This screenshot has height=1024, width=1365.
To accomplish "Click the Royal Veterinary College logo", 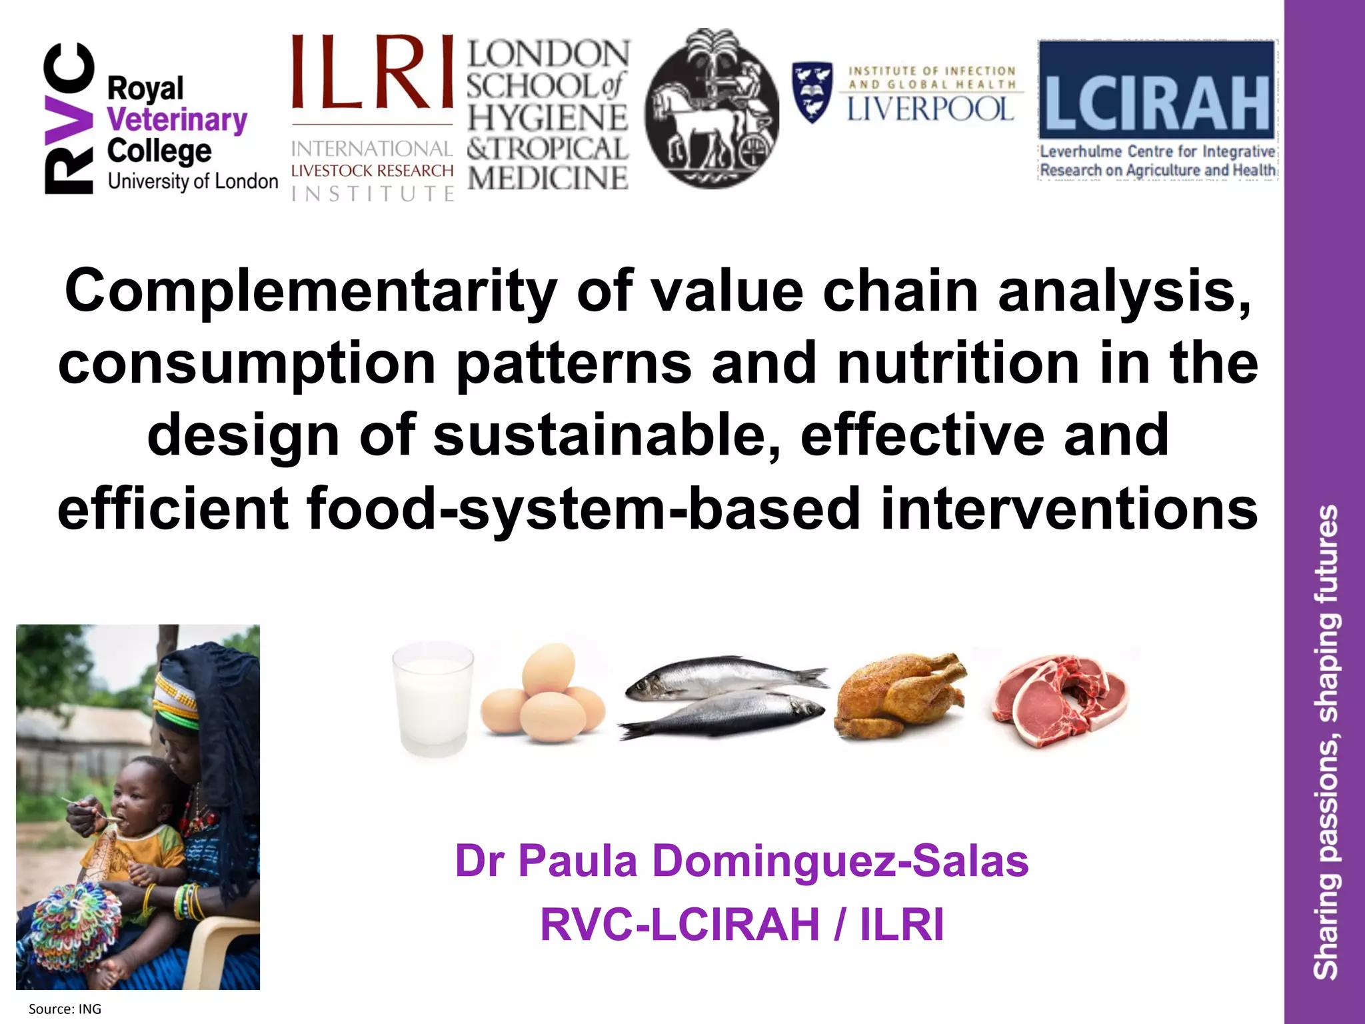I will (x=160, y=120).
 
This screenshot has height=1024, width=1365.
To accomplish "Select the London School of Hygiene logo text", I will (x=547, y=115).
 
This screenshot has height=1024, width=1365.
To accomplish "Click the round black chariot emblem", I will (x=711, y=109).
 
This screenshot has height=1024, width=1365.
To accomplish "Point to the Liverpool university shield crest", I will (x=812, y=92).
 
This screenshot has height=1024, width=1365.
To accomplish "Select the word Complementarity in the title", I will (x=311, y=291).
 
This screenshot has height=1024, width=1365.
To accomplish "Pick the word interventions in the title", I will (x=1069, y=509).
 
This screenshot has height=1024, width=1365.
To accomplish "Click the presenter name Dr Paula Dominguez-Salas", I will (x=741, y=861).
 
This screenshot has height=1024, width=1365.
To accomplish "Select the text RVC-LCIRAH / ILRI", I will (x=741, y=925).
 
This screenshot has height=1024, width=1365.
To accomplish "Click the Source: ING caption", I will (x=65, y=1009).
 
